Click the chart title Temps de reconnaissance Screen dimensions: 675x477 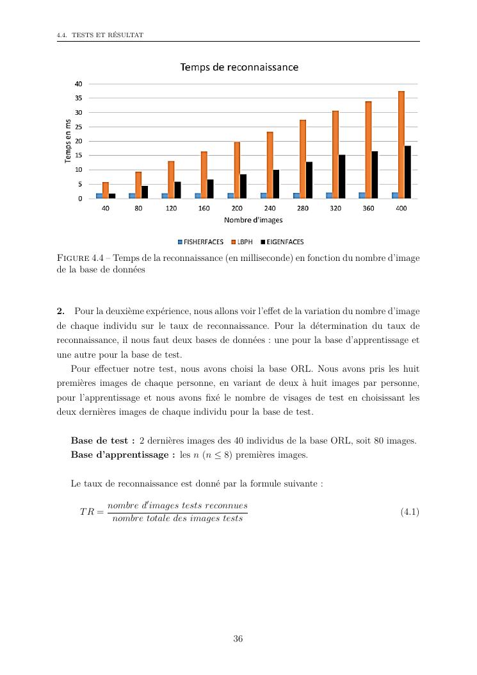(239, 67)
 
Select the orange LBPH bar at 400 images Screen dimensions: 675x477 (401, 145)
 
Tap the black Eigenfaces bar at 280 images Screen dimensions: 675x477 (309, 180)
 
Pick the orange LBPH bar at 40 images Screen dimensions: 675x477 (106, 190)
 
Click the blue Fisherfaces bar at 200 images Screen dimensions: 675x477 (230, 196)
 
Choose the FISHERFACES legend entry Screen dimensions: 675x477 (200, 242)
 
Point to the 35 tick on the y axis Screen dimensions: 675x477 (78, 98)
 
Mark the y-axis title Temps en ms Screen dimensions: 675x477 (68, 141)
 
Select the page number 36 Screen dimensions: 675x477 (238, 638)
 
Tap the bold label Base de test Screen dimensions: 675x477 (102, 441)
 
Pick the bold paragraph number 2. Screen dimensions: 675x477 (60, 311)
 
